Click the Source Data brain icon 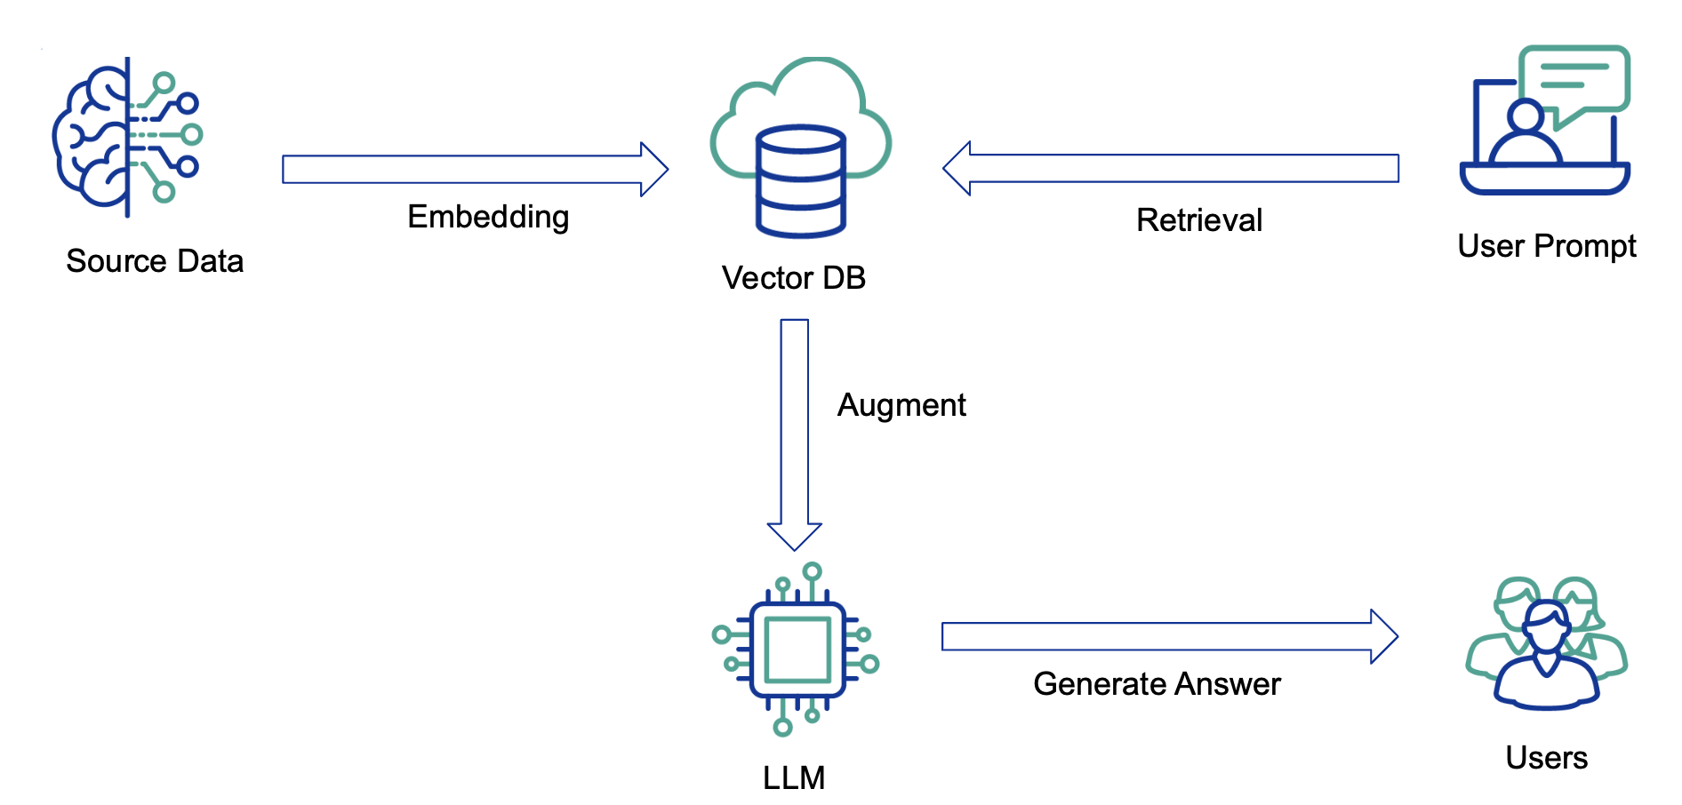pyautogui.click(x=126, y=137)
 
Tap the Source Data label pyautogui.click(x=155, y=261)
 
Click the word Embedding pyautogui.click(x=488, y=217)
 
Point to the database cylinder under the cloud pyautogui.click(x=800, y=182)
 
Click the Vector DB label pyautogui.click(x=793, y=278)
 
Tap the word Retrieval pyautogui.click(x=1198, y=220)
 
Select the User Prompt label pyautogui.click(x=1546, y=246)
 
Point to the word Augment pyautogui.click(x=901, y=405)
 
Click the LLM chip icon pyautogui.click(x=797, y=650)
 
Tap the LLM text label pyautogui.click(x=794, y=778)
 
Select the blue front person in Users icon pyautogui.click(x=1547, y=662)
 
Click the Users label pyautogui.click(x=1546, y=758)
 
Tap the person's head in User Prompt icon pyautogui.click(x=1526, y=116)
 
